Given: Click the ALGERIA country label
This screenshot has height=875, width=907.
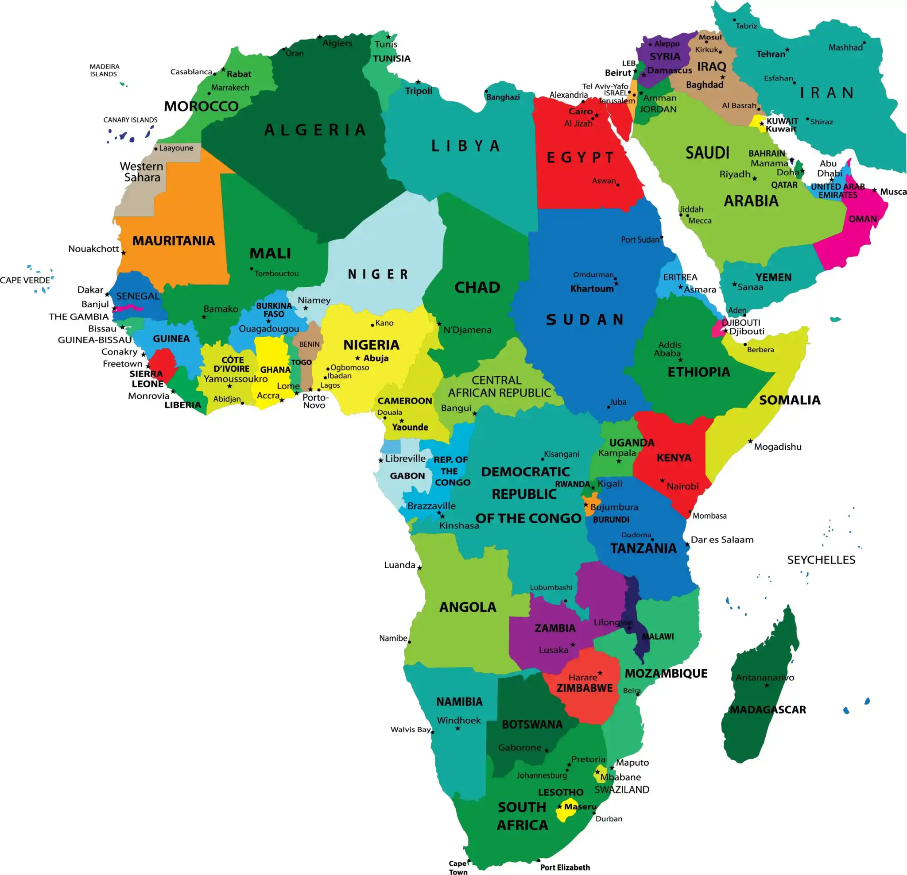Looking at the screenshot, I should tap(315, 130).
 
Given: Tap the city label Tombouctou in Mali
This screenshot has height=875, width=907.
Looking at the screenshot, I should tap(276, 274).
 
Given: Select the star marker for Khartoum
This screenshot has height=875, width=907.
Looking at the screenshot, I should tap(616, 284).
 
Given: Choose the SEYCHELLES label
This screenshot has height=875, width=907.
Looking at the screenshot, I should tap(821, 559).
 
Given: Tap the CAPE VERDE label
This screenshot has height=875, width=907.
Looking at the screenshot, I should tap(25, 280).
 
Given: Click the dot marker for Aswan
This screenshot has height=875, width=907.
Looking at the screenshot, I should tap(618, 185).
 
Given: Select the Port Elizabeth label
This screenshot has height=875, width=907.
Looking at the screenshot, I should tap(565, 867).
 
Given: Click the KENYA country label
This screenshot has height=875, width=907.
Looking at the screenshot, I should tap(674, 458).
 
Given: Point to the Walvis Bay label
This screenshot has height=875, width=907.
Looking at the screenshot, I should tap(411, 729).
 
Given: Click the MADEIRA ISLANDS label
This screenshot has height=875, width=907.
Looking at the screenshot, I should tap(104, 70).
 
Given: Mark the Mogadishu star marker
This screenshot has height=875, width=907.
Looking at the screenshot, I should tap(750, 441).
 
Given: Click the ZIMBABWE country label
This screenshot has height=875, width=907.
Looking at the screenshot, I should tap(585, 688).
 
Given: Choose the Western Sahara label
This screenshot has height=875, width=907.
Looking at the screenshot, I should tap(142, 172).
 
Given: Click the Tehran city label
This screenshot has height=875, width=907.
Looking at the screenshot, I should tap(771, 54).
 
